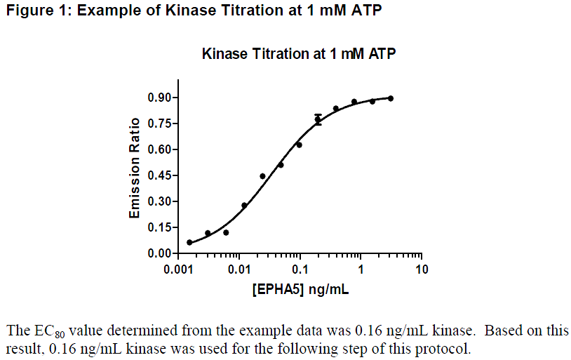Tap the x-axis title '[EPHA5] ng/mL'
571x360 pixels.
300,289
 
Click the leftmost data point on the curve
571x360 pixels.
189,242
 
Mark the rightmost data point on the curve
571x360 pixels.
391,98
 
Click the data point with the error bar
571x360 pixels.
318,119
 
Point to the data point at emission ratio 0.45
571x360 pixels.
262,176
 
